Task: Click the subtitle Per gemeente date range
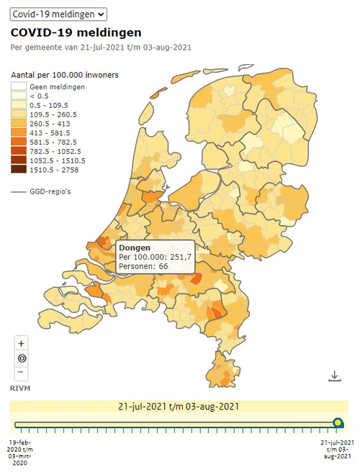100,47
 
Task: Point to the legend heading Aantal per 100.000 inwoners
64,76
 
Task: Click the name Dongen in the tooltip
134,248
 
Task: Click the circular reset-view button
22,358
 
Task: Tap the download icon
334,376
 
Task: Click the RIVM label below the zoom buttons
19,388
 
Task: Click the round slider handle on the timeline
339,424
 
